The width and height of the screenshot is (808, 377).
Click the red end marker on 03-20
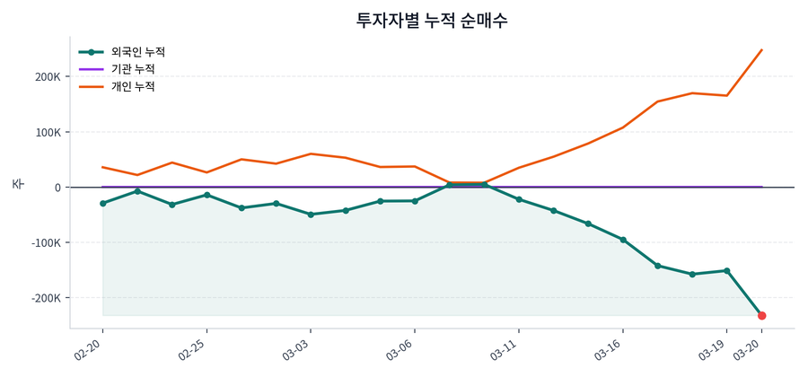(761, 316)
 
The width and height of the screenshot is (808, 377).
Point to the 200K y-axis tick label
(46, 77)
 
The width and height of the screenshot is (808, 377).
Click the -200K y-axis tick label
(43, 298)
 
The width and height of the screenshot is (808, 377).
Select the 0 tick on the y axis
(57, 188)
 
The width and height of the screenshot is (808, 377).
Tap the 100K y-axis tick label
(46, 133)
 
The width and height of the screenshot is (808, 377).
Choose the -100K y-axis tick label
(43, 243)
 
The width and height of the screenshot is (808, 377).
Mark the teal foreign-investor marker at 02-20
(103, 204)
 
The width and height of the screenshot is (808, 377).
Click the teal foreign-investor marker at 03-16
(623, 240)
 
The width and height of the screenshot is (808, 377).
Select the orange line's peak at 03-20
(761, 50)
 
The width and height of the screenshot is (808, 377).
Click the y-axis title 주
(17, 184)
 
